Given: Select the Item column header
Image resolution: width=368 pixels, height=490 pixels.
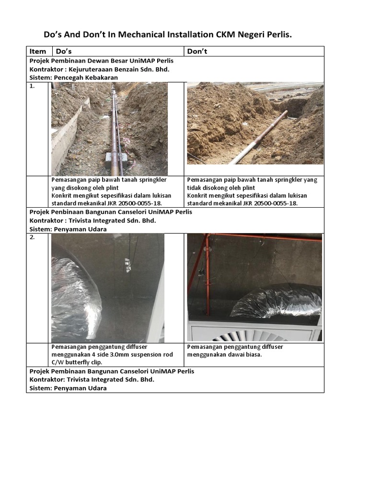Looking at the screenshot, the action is (37, 51).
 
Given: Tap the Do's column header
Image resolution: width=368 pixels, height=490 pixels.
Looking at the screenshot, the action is (64, 51).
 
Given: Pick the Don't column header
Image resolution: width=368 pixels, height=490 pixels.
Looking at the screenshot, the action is (197, 51).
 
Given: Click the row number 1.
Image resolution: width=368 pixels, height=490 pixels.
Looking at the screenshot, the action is (32, 86).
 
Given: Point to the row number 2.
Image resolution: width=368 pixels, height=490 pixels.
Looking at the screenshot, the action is (32, 237).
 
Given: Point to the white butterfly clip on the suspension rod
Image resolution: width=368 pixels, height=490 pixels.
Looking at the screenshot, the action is (127, 265).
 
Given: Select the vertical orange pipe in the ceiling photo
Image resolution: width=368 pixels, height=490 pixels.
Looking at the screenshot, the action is (207, 275).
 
